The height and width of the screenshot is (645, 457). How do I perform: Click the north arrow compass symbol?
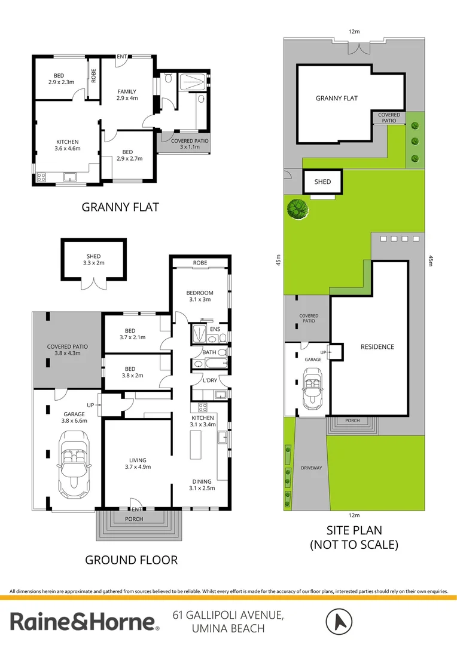pyautogui.click(x=339, y=622)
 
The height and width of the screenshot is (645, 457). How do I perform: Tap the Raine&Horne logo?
pyautogui.click(x=84, y=622)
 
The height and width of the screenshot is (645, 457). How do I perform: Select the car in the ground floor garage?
pyautogui.click(x=74, y=465)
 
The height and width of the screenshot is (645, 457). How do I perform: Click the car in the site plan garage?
pyautogui.click(x=313, y=388)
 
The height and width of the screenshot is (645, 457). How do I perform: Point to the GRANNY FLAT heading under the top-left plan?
pyautogui.click(x=120, y=207)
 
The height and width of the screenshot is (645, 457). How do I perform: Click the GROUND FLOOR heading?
pyautogui.click(x=132, y=560)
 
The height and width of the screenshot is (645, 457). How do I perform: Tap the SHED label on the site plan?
pyautogui.click(x=322, y=182)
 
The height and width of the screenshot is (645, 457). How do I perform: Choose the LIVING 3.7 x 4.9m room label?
pyautogui.click(x=138, y=463)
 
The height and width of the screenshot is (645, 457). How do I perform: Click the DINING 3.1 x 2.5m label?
pyautogui.click(x=202, y=484)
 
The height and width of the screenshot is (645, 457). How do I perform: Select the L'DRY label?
pyautogui.click(x=210, y=380)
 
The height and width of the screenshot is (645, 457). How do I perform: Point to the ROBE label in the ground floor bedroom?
pyautogui.click(x=200, y=263)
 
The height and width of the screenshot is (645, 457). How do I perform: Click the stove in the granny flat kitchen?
pyautogui.click(x=41, y=177)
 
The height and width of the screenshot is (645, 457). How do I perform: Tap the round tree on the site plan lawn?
pyautogui.click(x=298, y=208)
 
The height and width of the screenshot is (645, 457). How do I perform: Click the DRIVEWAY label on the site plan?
pyautogui.click(x=312, y=468)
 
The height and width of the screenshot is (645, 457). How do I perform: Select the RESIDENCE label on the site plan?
pyautogui.click(x=377, y=347)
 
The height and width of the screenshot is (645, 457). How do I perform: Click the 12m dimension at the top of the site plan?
pyautogui.click(x=354, y=31)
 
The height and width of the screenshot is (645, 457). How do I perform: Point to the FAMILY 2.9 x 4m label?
pyautogui.click(x=127, y=95)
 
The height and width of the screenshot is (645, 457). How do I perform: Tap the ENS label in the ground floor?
pyautogui.click(x=215, y=329)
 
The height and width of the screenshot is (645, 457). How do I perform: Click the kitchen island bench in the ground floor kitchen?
pyautogui.click(x=196, y=445)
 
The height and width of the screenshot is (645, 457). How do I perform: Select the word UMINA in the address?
pyautogui.click(x=208, y=628)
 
